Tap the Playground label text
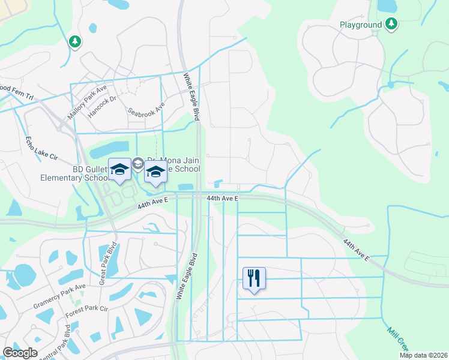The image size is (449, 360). [361, 25]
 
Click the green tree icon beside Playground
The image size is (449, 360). [391, 24]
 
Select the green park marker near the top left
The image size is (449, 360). [75, 42]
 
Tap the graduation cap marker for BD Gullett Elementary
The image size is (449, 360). [119, 170]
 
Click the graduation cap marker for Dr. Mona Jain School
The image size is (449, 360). [155, 172]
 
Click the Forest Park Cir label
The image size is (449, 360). [86, 310]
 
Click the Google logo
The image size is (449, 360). [20, 353]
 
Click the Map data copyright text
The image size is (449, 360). [423, 355]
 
